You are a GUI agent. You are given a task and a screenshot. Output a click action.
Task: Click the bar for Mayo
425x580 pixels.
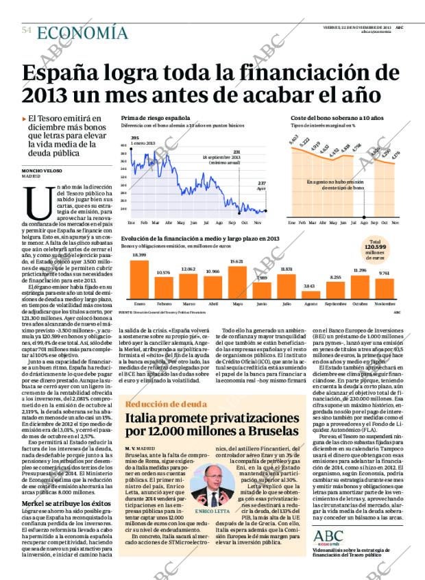pyautogui.click(x=237, y=281)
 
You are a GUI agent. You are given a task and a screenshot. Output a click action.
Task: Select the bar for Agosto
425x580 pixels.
pyautogui.click(x=308, y=294)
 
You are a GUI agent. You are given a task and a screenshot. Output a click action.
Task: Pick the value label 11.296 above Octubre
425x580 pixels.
pyautogui.click(x=360, y=270)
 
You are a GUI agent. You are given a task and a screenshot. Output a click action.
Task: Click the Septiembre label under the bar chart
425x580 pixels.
pyautogui.click(x=335, y=303)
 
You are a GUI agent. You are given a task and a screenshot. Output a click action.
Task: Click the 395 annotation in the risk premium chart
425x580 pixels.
pyautogui.click(x=135, y=138)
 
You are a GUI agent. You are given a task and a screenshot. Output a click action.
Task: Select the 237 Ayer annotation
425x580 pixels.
pyautogui.click(x=261, y=185)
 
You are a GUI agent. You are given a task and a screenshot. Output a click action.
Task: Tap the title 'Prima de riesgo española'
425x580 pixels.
pyautogui.click(x=155, y=119)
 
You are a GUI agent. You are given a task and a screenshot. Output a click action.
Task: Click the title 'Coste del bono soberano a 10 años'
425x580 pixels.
pyautogui.click(x=337, y=119)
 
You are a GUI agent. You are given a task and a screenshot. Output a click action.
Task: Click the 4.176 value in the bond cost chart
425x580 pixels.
pyautogui.click(x=396, y=156)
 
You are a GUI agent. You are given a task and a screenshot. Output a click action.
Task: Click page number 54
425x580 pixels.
pyautogui.click(x=27, y=31)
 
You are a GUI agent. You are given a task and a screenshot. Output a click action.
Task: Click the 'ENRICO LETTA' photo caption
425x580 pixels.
pyautogui.click(x=212, y=511)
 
